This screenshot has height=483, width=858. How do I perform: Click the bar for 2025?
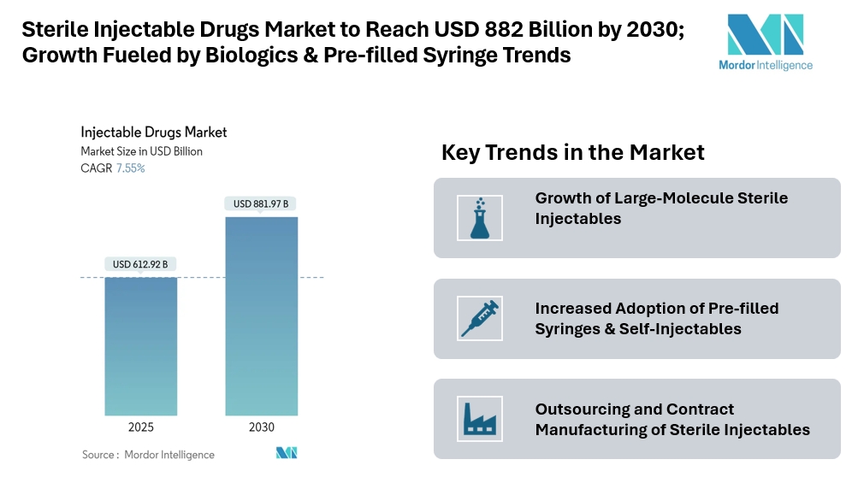[141, 346]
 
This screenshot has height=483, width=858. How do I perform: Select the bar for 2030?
[262, 316]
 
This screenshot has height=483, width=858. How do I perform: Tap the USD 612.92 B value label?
[140, 264]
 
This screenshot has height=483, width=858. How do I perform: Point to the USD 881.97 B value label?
[262, 203]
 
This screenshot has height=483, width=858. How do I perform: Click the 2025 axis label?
[141, 427]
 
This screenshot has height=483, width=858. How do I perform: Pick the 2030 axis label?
[262, 427]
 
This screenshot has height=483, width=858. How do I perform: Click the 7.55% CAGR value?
[130, 168]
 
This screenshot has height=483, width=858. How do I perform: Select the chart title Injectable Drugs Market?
[154, 133]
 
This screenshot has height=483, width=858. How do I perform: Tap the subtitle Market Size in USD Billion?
[142, 151]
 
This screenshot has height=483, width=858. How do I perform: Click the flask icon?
[480, 217]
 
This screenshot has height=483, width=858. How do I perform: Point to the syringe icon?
[480, 318]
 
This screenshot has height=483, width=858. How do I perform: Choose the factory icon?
[480, 419]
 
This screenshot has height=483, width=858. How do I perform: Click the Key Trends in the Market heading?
[572, 153]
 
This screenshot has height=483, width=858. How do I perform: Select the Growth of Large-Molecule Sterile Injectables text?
[661, 209]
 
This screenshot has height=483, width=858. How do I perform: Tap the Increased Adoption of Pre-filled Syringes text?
[657, 318]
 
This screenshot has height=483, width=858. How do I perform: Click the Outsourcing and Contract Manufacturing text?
[672, 419]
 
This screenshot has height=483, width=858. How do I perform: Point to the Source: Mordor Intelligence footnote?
[148, 455]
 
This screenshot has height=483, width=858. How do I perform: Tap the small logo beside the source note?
[286, 453]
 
